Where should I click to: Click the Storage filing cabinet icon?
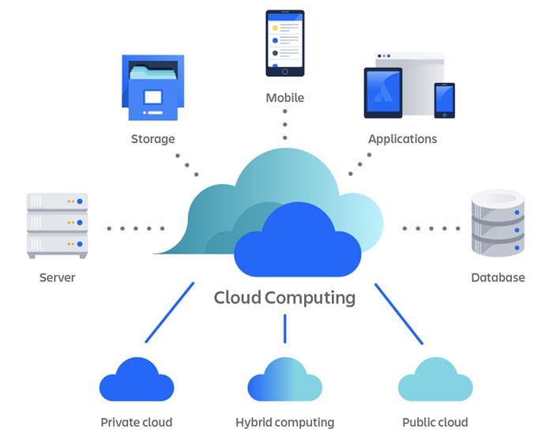152,88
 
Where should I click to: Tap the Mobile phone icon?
284,43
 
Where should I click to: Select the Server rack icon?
57,225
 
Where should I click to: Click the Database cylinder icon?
497,222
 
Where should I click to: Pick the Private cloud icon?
136,381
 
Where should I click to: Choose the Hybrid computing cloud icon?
284,381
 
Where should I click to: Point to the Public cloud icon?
434,381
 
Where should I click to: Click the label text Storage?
152,139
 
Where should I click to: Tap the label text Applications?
402,139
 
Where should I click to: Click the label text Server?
57,278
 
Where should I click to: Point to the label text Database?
498,278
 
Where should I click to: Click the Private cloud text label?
136,422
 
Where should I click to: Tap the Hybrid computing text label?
284,422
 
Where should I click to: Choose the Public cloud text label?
434,422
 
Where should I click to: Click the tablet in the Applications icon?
382,92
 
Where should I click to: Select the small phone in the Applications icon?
444,100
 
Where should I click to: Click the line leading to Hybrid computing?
284,329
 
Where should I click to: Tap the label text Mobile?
284,98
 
